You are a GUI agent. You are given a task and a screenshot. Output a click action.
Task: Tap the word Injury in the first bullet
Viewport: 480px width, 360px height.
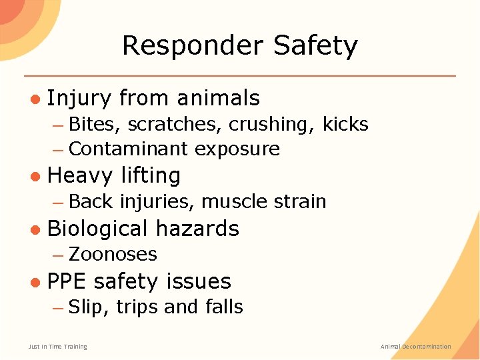(79, 99)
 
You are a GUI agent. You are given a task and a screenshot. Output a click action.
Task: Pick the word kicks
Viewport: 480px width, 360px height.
(345, 124)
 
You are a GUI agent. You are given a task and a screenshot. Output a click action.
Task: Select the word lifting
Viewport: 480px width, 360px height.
(151, 176)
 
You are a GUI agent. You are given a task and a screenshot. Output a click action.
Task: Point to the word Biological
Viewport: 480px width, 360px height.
(97, 229)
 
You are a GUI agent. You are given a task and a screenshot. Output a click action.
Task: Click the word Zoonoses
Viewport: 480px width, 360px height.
(113, 254)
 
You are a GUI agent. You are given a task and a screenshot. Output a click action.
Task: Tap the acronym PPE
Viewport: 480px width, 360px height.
(67, 281)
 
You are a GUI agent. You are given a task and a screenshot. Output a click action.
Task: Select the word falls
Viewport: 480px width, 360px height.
(222, 307)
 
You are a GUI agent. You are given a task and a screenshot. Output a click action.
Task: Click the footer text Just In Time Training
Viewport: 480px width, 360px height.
(58, 347)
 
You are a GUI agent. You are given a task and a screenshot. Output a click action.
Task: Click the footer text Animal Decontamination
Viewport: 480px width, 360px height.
(415, 347)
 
